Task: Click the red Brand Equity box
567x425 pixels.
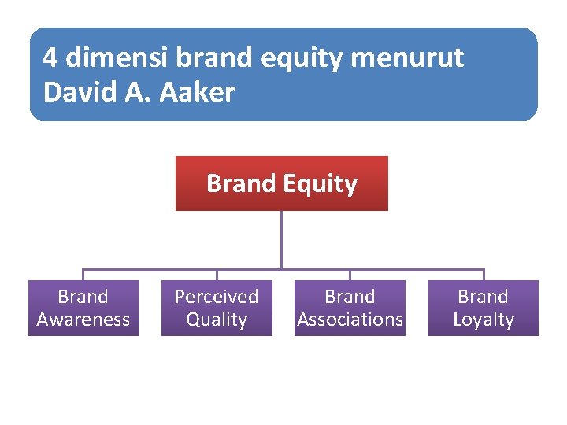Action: [281, 183]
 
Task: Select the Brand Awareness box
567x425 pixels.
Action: [83, 308]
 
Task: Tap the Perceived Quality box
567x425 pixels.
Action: [217, 308]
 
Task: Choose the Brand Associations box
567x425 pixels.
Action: [350, 308]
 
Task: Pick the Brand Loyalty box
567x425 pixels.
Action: [483, 308]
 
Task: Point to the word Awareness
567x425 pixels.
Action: [83, 320]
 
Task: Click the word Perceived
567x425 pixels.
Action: [217, 297]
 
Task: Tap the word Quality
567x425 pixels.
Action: [217, 320]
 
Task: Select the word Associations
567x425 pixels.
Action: [350, 320]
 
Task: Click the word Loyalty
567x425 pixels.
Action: [483, 320]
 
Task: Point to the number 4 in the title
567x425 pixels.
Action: [50, 57]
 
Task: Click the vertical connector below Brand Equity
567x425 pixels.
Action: [281, 239]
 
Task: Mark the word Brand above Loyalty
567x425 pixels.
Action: [483, 297]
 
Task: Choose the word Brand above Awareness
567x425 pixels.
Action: [83, 297]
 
